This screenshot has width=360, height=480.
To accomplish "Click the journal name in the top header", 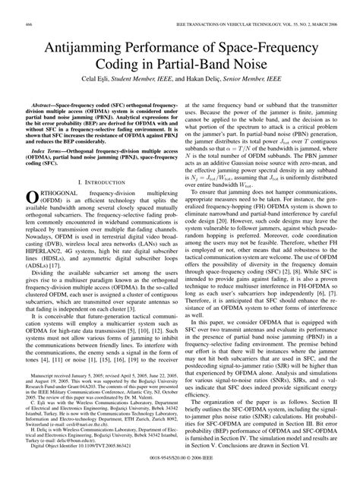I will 238,7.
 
